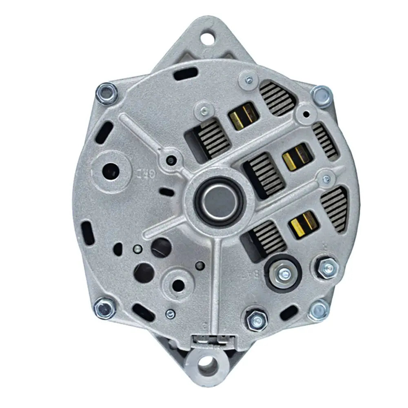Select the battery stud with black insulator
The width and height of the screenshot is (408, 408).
[x=282, y=272]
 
